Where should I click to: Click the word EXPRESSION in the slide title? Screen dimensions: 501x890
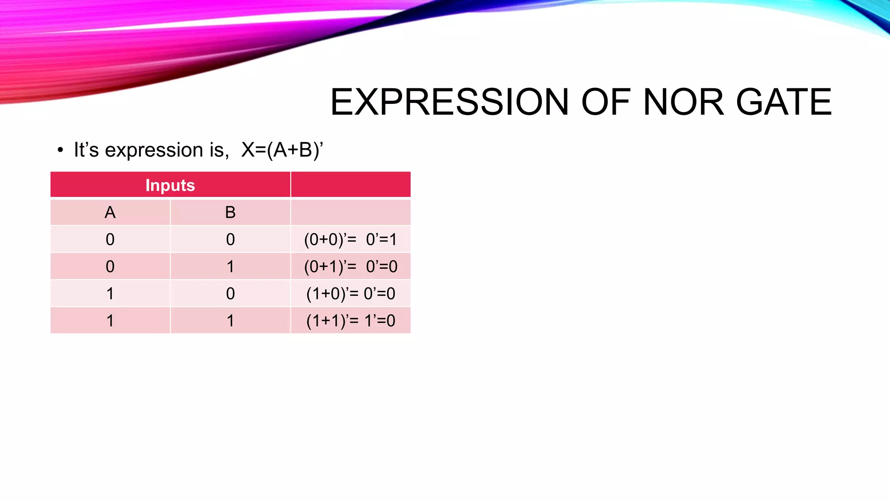[449, 102]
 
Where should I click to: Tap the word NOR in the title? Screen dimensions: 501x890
[684, 102]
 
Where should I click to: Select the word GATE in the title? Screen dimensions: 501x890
[784, 102]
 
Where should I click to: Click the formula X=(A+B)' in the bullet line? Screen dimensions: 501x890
[282, 150]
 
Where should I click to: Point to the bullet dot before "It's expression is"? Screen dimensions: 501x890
[60, 150]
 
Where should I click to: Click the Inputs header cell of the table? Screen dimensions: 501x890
[170, 185]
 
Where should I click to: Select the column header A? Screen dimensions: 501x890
[110, 213]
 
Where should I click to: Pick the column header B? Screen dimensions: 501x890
[230, 213]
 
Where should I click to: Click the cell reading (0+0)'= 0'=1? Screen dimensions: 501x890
[350, 240]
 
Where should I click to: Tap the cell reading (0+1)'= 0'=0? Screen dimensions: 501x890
[350, 267]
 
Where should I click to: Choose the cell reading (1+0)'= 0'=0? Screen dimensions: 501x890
[350, 294]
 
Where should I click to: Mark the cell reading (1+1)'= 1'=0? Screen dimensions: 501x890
[350, 321]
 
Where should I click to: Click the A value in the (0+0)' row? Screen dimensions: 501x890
[110, 240]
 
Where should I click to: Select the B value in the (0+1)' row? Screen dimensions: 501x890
[230, 267]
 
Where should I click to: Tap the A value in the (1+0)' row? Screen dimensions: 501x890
[110, 294]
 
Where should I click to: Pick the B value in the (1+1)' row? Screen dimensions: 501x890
[230, 321]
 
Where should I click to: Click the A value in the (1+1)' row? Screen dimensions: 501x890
[110, 321]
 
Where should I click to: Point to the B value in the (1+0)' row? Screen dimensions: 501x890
[230, 294]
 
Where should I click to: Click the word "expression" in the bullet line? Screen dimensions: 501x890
[154, 150]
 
